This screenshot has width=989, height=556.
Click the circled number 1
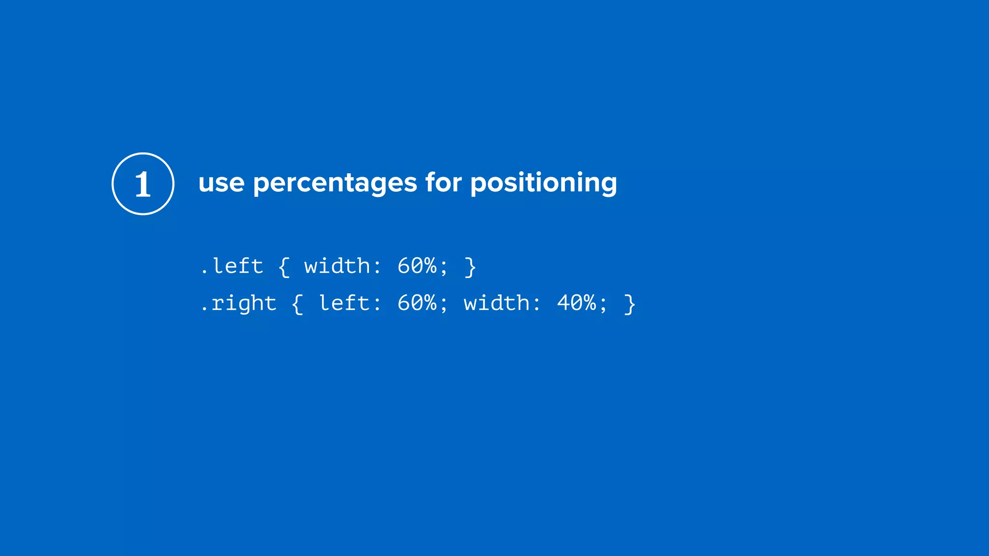[x=143, y=184]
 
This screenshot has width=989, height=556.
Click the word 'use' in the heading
[x=221, y=183]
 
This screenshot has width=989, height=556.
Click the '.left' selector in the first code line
[x=232, y=266]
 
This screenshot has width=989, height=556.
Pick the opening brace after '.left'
[x=284, y=267]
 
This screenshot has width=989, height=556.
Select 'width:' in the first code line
[x=342, y=266]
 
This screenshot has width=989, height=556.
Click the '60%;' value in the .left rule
[x=423, y=266]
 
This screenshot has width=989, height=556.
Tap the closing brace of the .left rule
[x=470, y=267]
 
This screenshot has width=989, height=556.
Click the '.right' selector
[x=239, y=304]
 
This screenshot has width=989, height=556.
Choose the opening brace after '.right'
[x=297, y=304]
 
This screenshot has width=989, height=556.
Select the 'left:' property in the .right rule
[x=350, y=304]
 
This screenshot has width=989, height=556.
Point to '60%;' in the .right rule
[x=423, y=304]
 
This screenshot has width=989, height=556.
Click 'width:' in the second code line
[x=502, y=304]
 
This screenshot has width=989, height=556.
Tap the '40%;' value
[x=582, y=304]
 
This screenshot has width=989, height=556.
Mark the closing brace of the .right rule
[x=629, y=304]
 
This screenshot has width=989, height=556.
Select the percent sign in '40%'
[x=589, y=304]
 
